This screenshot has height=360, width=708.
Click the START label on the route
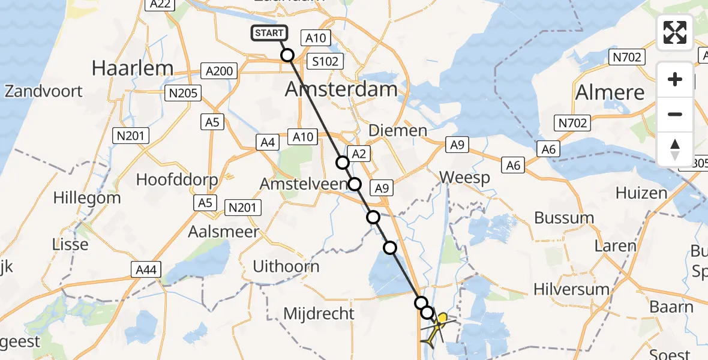(x=269, y=33)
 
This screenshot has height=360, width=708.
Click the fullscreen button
(x=675, y=32)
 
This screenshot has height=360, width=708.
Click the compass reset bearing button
(x=675, y=149)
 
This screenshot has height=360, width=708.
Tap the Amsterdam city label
(x=341, y=89)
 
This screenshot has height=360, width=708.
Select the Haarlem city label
(x=133, y=68)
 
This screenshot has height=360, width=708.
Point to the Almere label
(x=610, y=92)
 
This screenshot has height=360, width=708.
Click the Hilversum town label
(x=571, y=289)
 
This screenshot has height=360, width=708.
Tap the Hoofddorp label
(x=177, y=179)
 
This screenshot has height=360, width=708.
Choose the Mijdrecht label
(x=319, y=313)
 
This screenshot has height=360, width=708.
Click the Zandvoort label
(x=44, y=91)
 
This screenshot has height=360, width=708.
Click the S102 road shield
(x=325, y=61)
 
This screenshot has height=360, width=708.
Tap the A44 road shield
(x=146, y=270)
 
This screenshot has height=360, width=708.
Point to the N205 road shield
(x=184, y=93)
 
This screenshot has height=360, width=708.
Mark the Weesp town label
(x=465, y=178)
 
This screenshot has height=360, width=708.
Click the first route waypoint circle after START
(x=287, y=55)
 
